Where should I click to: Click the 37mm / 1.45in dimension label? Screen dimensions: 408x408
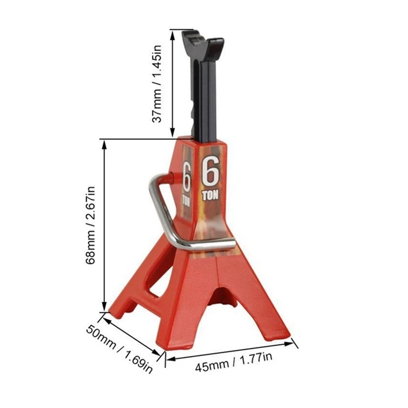pos(158,84)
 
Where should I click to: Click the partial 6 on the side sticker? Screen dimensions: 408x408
pos(187,176)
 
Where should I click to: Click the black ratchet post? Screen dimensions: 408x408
pos(206,97)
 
